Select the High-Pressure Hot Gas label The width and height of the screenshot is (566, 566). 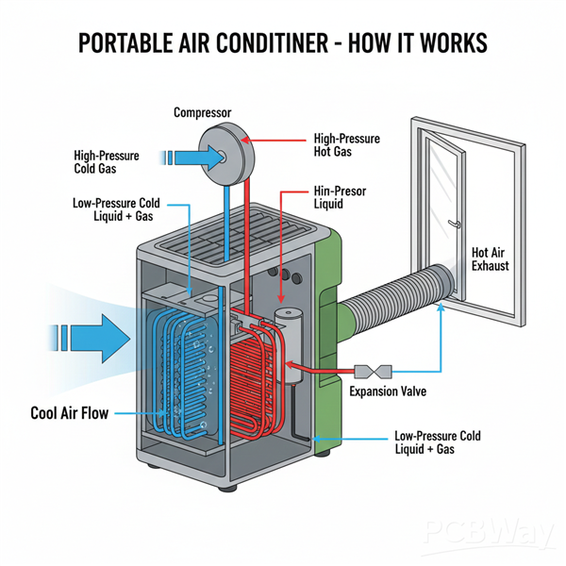coord(346,144)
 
